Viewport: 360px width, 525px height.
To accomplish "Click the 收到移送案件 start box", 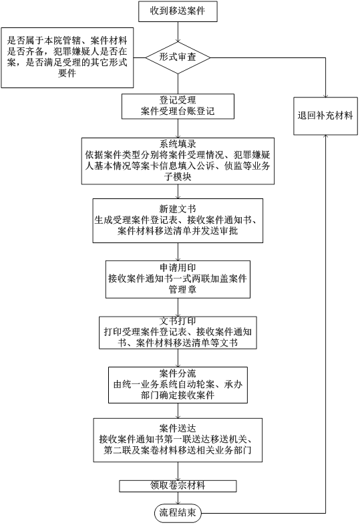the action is [x=178, y=11].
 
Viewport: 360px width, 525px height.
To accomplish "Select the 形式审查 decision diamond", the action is [x=178, y=57].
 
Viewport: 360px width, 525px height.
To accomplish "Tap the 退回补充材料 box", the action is [x=325, y=116].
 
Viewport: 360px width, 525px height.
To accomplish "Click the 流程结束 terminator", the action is [x=178, y=512].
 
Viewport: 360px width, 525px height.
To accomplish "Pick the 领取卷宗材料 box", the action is [x=178, y=486].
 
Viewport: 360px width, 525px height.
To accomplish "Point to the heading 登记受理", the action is [x=178, y=100].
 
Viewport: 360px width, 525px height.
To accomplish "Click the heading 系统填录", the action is [x=178, y=144].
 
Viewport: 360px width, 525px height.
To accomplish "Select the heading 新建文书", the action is [x=178, y=209].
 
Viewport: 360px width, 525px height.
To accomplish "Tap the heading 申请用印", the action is [x=178, y=268].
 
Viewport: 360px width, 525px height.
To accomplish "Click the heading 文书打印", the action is [x=178, y=321].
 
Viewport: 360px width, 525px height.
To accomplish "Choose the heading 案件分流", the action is [x=178, y=373].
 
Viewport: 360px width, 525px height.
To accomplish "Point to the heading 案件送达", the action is [x=178, y=428].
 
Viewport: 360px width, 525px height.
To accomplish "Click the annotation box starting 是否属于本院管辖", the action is [x=67, y=57].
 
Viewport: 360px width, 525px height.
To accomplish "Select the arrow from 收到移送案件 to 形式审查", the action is [x=178, y=32].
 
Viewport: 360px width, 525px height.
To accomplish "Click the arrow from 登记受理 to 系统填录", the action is [x=178, y=128].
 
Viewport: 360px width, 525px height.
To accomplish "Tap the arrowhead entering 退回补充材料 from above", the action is [x=325, y=95].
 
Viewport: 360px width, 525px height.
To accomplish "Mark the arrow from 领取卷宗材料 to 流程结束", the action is [x=178, y=498].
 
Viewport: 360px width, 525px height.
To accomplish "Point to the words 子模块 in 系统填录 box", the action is [x=178, y=176].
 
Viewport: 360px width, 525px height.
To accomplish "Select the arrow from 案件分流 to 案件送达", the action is [x=178, y=411].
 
